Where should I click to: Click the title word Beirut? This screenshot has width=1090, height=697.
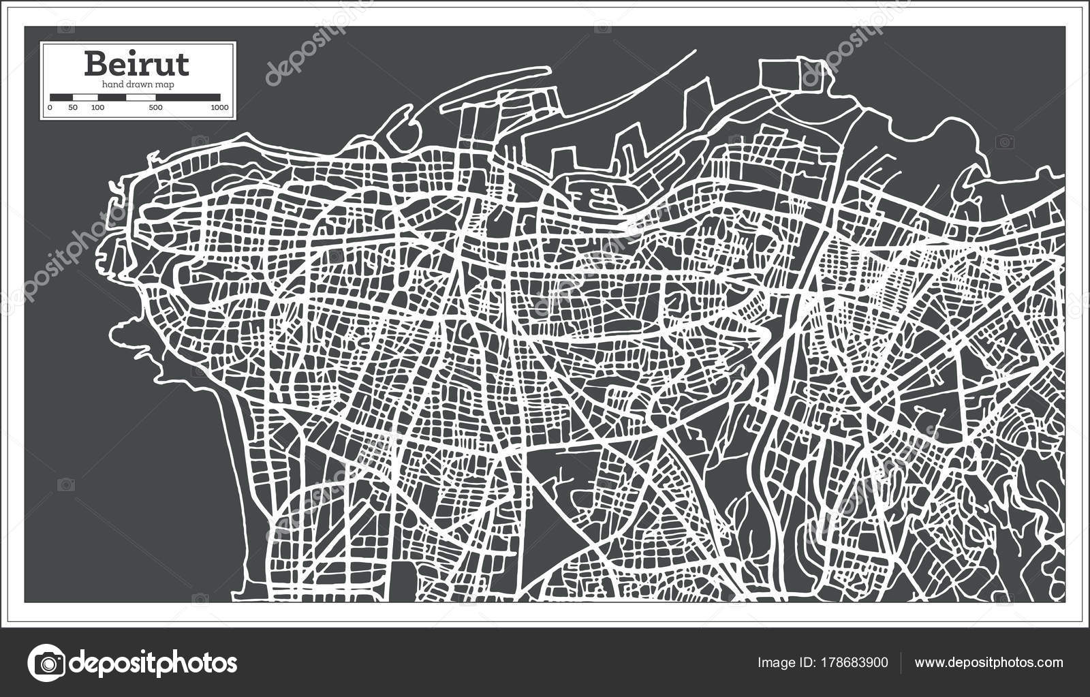pos(137,64)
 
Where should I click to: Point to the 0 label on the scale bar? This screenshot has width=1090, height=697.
pos(50,108)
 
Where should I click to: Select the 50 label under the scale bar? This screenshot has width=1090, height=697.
pos(73,108)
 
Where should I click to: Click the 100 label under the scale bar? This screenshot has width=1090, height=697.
pos(98,108)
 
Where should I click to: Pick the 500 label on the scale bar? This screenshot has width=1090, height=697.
pos(155,108)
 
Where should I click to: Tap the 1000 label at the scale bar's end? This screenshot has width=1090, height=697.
pos(219,108)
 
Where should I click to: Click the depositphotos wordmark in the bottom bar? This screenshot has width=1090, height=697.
pos(154,662)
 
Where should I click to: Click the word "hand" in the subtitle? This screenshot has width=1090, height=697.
pos(112,84)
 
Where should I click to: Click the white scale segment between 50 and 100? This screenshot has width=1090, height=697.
pos(85,97)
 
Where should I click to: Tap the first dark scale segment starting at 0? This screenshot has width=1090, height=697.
pos(61,97)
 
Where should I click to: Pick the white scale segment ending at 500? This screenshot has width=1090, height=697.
pos(141,97)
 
